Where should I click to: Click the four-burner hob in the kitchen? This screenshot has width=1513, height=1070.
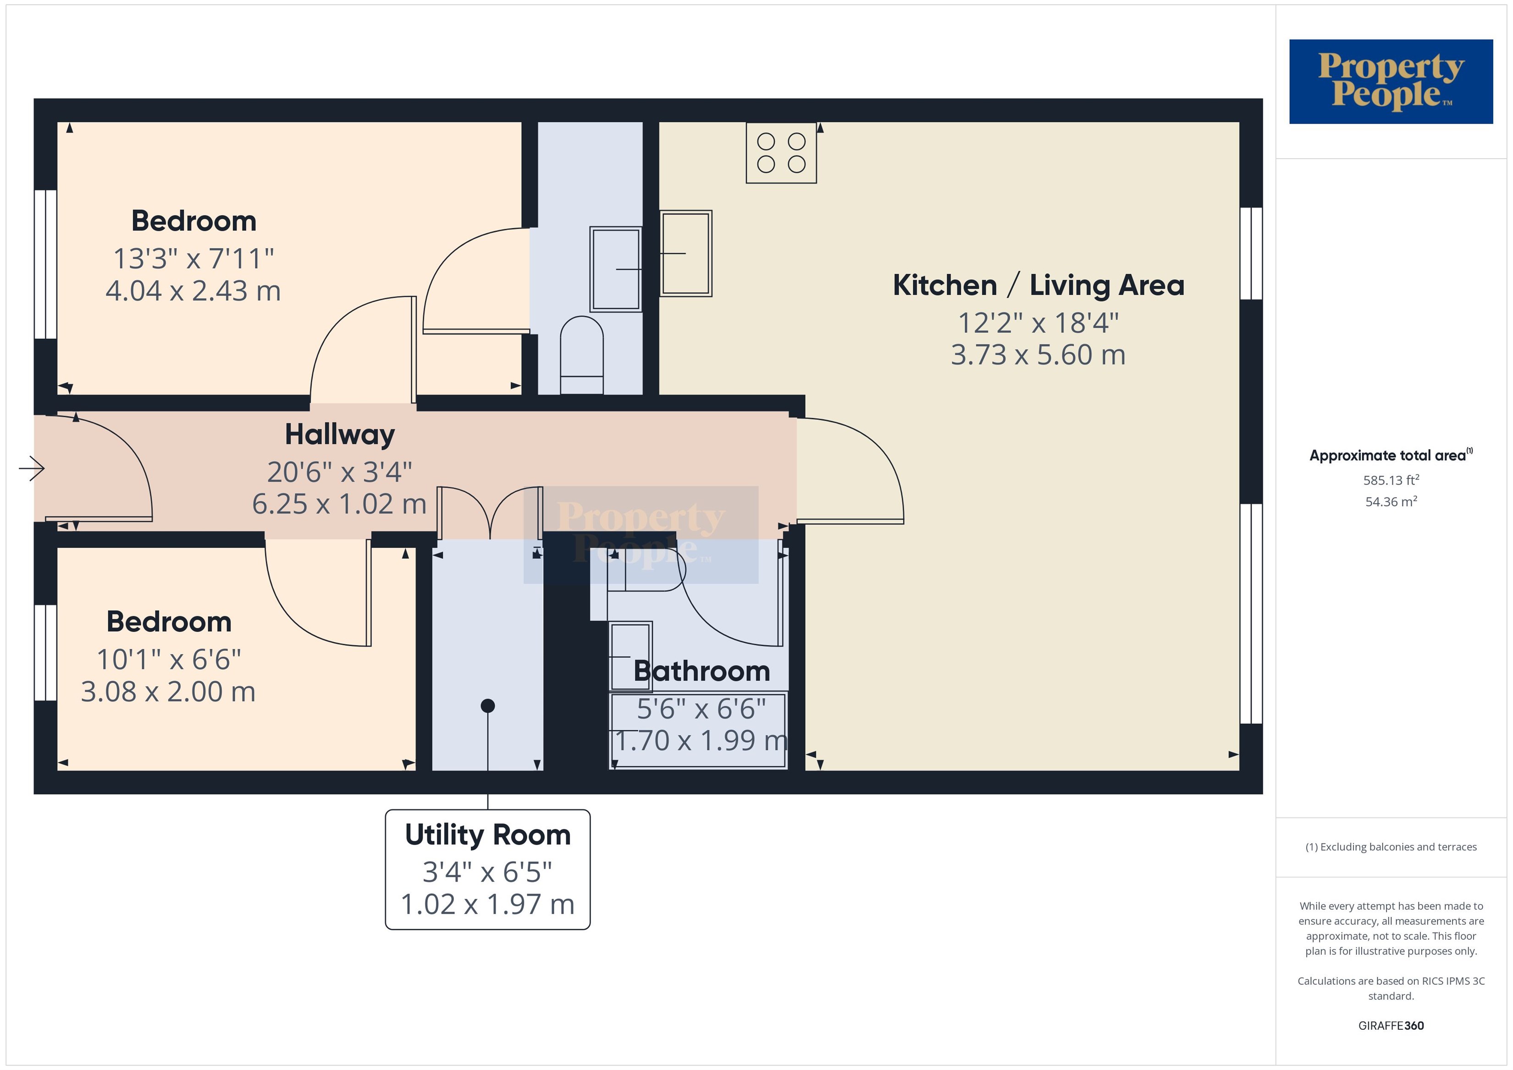point(781,153)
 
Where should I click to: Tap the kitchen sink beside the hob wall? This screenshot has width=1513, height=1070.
point(686,253)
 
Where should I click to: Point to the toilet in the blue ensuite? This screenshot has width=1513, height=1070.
point(581,355)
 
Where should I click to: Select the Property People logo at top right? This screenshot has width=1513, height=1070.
point(1391,82)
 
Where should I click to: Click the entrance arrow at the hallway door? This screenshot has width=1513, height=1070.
point(32,469)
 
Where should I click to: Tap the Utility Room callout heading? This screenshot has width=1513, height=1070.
point(488,835)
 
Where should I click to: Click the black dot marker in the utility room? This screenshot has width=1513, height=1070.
point(488,706)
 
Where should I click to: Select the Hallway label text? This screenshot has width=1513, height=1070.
point(340,435)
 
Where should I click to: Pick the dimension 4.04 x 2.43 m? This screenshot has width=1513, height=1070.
point(193,291)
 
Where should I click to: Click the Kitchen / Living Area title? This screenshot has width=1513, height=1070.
point(1038,285)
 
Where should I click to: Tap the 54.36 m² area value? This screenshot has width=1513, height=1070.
point(1391,502)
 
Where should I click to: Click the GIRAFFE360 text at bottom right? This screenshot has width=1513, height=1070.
point(1391,1026)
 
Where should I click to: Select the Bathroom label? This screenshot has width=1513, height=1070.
point(702,671)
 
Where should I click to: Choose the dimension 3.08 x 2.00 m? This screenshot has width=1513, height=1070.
point(168,692)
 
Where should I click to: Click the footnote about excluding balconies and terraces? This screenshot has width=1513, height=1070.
point(1391,847)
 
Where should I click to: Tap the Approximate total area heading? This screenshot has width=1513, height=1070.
point(1391,455)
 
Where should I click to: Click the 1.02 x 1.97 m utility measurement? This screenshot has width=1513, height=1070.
point(488,905)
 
